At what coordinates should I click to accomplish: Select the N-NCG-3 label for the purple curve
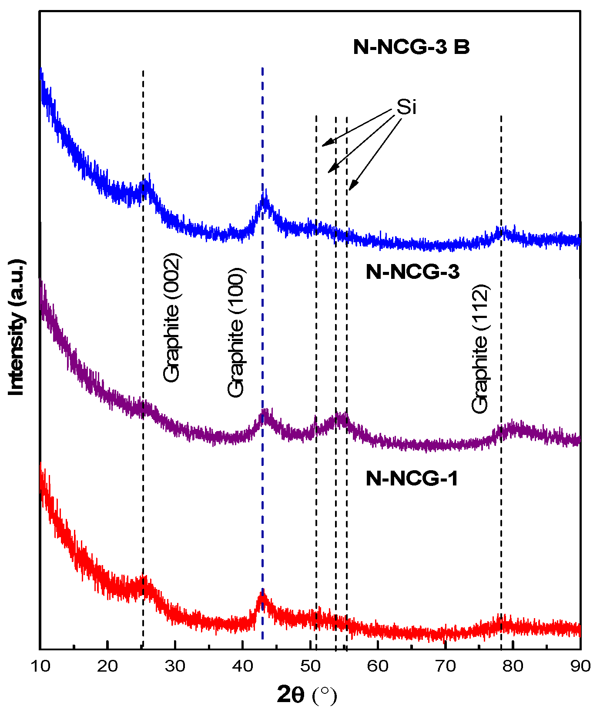(x=412, y=272)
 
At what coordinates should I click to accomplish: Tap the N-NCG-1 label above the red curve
(x=412, y=478)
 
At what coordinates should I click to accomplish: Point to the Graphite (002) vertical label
(x=171, y=318)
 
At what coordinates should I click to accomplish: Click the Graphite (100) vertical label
(x=236, y=332)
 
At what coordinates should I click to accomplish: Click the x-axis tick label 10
(x=41, y=666)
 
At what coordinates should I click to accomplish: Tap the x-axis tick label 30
(x=175, y=666)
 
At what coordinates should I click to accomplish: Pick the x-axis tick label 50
(x=310, y=666)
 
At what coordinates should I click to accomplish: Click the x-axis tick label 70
(x=446, y=666)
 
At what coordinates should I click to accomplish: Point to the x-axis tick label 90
(x=580, y=666)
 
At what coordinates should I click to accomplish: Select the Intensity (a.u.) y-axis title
(x=17, y=327)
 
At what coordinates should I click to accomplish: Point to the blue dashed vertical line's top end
(x=262, y=69)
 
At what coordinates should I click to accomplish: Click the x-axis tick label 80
(x=513, y=666)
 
